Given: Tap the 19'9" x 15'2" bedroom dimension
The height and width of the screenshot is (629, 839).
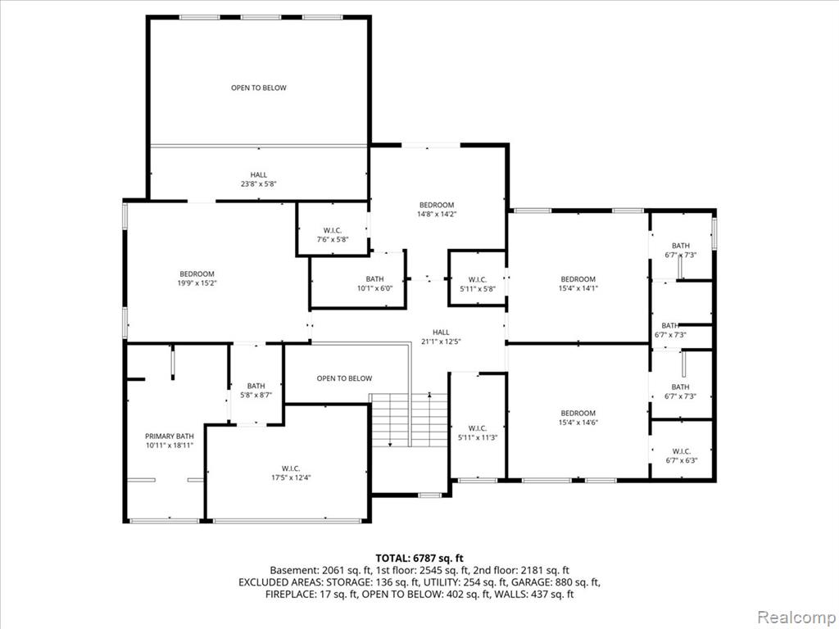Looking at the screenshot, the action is (x=197, y=283).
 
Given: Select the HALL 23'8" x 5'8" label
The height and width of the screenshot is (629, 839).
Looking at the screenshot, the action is (x=258, y=179).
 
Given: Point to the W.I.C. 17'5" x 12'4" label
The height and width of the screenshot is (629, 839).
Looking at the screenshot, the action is (x=291, y=473).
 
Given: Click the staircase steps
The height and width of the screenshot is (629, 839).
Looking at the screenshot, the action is (x=409, y=420).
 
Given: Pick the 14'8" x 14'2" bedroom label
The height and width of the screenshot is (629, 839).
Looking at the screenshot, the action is (x=437, y=209).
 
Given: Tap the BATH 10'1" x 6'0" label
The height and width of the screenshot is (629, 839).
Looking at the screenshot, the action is (x=374, y=283).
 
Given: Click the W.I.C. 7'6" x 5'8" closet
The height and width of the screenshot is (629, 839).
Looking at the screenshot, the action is (x=333, y=235).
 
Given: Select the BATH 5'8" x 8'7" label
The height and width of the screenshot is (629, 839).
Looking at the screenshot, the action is (x=256, y=391).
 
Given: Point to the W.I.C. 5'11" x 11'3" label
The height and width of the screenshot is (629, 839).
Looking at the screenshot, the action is (x=478, y=432).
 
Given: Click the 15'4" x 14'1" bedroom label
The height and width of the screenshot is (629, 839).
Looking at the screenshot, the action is (x=578, y=283).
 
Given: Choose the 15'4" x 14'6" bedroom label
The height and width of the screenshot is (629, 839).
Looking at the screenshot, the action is (x=578, y=417).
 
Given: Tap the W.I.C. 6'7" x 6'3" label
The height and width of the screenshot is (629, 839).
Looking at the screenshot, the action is (x=681, y=455).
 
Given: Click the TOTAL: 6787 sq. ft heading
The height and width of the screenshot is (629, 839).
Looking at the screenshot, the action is (x=419, y=559).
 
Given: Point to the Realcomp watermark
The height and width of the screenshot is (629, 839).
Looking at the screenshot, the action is (x=796, y=618).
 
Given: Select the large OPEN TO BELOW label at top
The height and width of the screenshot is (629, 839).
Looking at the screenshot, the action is (x=258, y=88).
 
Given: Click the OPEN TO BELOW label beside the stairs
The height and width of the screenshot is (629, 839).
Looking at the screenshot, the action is (x=344, y=378).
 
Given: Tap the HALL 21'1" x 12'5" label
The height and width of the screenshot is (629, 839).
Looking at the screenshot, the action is (x=441, y=337).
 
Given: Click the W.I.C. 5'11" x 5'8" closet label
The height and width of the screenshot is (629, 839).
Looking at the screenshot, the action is (x=478, y=283).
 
